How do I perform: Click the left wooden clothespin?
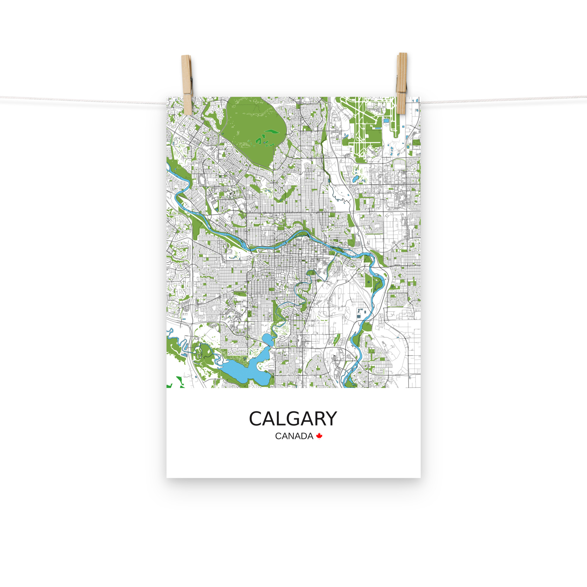pyautogui.click(x=187, y=85)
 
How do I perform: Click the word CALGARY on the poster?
pyautogui.click(x=293, y=419)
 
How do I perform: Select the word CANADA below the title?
pyautogui.click(x=294, y=436)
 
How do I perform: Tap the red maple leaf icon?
pyautogui.click(x=319, y=436)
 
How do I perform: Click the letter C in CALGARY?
pyautogui.click(x=256, y=419)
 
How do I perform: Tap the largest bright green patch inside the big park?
pyautogui.click(x=271, y=132)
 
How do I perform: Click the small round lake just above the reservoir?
pyautogui.click(x=267, y=338)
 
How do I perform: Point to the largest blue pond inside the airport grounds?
pyautogui.click(x=386, y=121)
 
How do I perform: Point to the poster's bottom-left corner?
pyautogui.click(x=167, y=477)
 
